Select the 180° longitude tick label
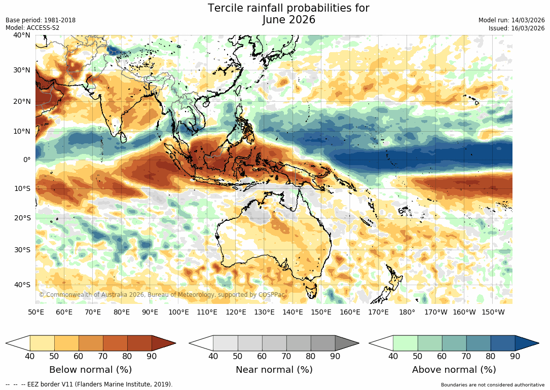click(x=407, y=313)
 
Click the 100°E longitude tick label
click(x=178, y=313)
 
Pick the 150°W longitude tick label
click(x=493, y=313)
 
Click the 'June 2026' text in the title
click(x=288, y=20)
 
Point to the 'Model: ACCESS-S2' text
click(x=32, y=28)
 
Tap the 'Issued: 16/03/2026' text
click(x=517, y=28)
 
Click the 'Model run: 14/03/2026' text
click(x=511, y=20)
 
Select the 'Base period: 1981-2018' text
click(x=41, y=20)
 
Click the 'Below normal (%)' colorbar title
click(x=90, y=370)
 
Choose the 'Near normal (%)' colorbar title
click(x=274, y=370)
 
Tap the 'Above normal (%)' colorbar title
click(x=454, y=370)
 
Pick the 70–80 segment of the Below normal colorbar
click(x=115, y=343)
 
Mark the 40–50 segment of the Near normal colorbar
click(x=225, y=343)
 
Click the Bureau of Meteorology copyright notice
click(x=162, y=295)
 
